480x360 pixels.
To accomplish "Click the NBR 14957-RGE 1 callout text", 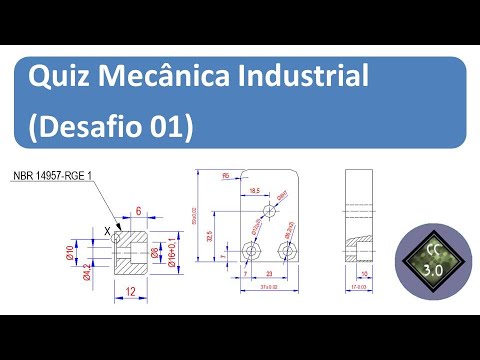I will coord(51,177).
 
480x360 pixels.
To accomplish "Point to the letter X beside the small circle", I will coord(107,232).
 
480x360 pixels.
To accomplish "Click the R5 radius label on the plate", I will coord(227,176).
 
